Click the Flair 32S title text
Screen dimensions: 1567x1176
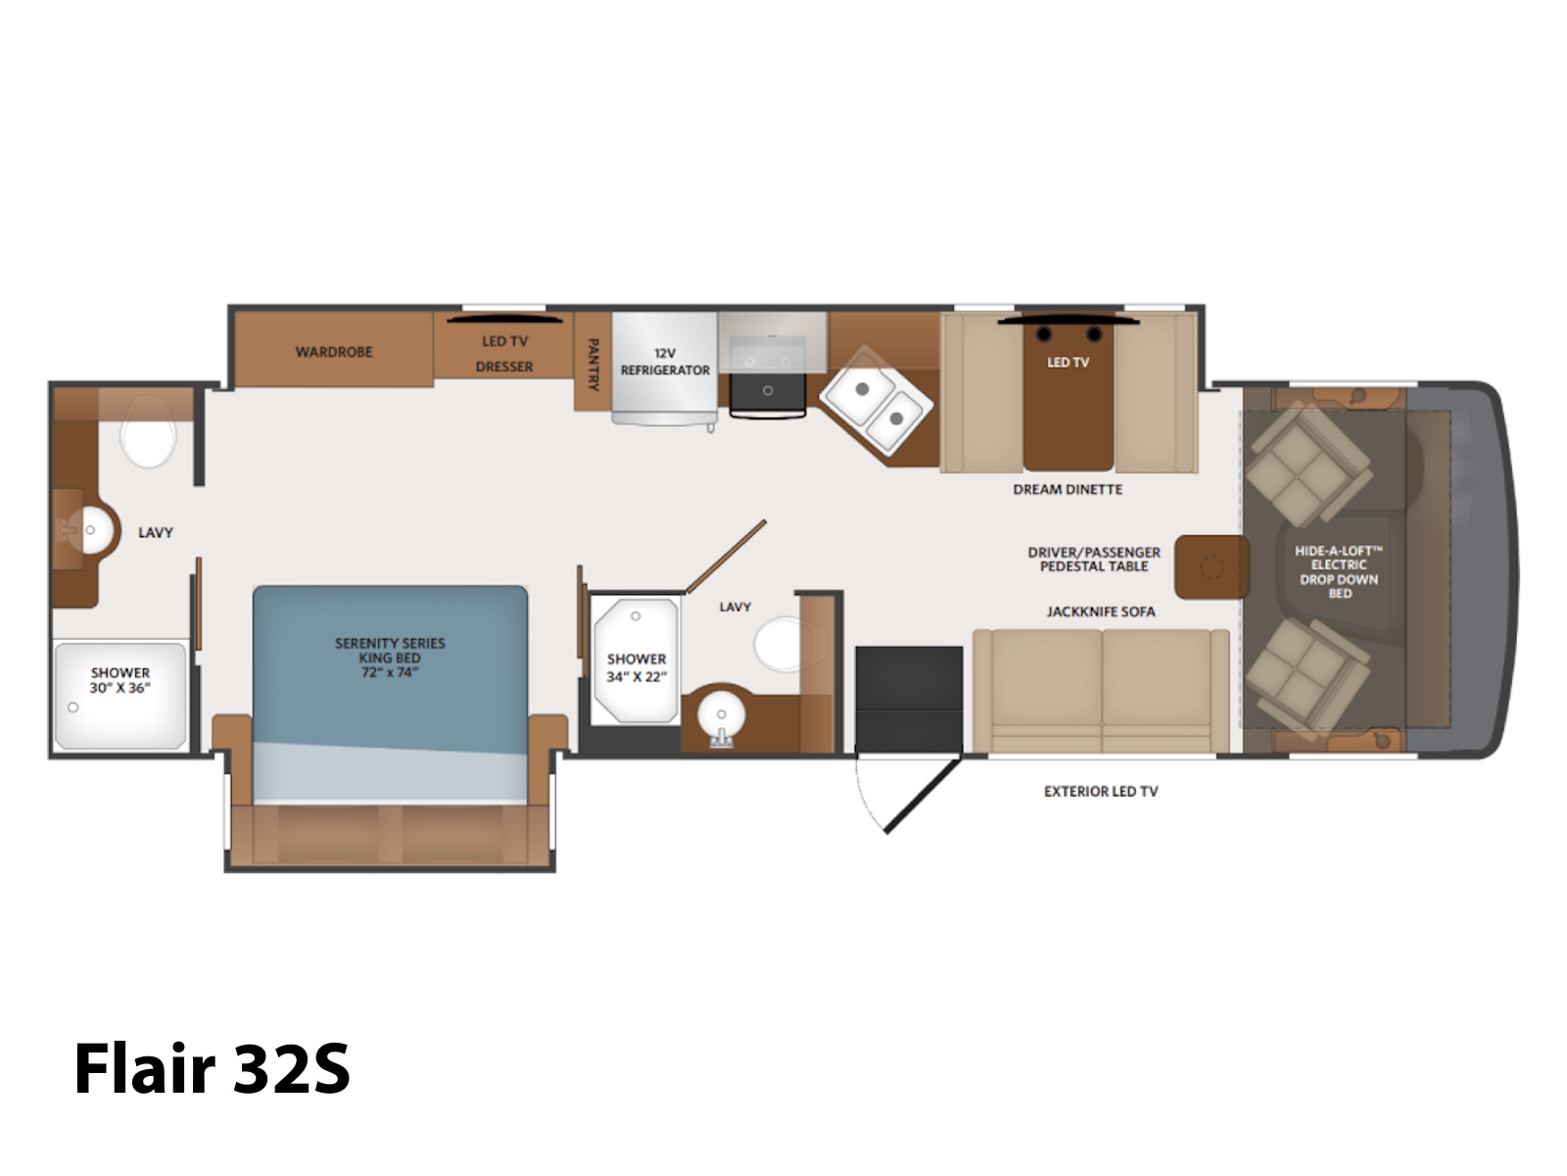(x=212, y=1068)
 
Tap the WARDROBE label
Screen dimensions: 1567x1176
(x=334, y=352)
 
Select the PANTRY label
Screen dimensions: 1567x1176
(x=593, y=365)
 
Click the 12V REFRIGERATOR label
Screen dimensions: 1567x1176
(x=665, y=362)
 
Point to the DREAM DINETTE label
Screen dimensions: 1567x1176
(x=1068, y=490)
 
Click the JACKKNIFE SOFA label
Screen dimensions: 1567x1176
(x=1100, y=612)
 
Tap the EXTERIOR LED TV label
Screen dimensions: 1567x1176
(x=1101, y=791)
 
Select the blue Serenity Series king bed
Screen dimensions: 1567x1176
(x=391, y=693)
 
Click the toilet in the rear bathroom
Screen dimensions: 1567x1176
(x=149, y=432)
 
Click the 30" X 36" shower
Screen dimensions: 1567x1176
(x=120, y=696)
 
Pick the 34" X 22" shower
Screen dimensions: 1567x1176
(x=636, y=661)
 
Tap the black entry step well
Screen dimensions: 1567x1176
(x=909, y=699)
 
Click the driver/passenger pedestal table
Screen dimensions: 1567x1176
(x=1211, y=567)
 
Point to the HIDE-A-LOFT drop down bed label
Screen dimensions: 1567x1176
(x=1339, y=571)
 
